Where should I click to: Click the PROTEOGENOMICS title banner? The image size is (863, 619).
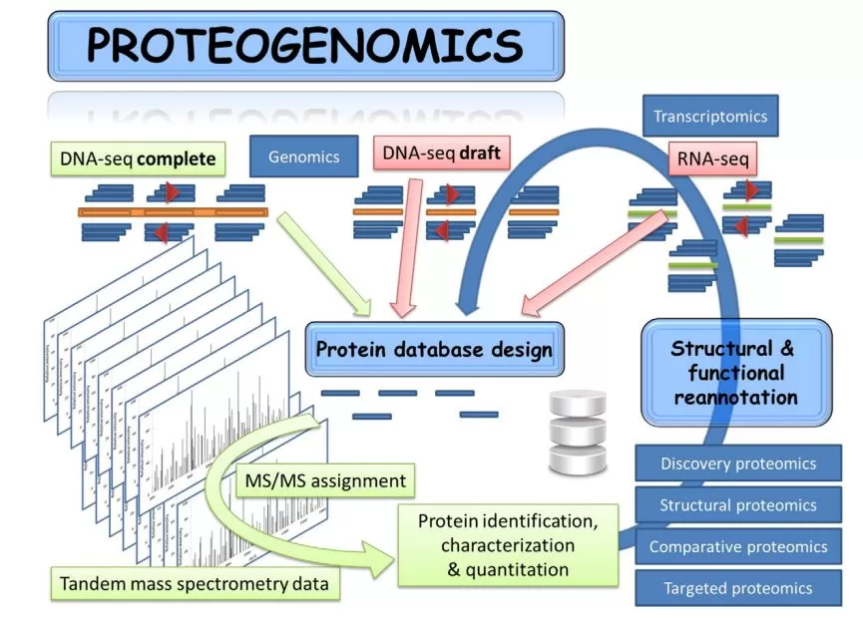click(x=304, y=46)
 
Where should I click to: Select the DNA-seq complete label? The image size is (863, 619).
click(x=138, y=157)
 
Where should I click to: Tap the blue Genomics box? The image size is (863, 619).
click(x=303, y=156)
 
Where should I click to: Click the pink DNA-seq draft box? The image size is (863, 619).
click(x=441, y=154)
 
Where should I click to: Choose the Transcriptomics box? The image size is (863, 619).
click(x=710, y=117)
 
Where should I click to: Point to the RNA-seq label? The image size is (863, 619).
click(x=711, y=156)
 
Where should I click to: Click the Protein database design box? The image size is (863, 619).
click(x=434, y=350)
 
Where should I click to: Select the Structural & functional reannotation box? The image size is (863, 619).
click(x=735, y=373)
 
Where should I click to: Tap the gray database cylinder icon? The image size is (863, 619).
click(x=578, y=433)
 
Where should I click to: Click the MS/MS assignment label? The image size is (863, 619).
click(x=325, y=480)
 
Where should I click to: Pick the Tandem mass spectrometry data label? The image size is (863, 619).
click(x=196, y=583)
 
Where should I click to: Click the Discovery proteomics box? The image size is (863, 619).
click(x=738, y=464)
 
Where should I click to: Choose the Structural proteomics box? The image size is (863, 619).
click(x=738, y=505)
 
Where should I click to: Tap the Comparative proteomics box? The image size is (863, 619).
click(x=738, y=546)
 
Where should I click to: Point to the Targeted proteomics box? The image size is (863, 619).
click(x=738, y=588)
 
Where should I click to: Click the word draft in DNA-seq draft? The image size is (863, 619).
click(x=479, y=154)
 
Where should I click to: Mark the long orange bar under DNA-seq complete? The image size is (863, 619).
click(x=173, y=212)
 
